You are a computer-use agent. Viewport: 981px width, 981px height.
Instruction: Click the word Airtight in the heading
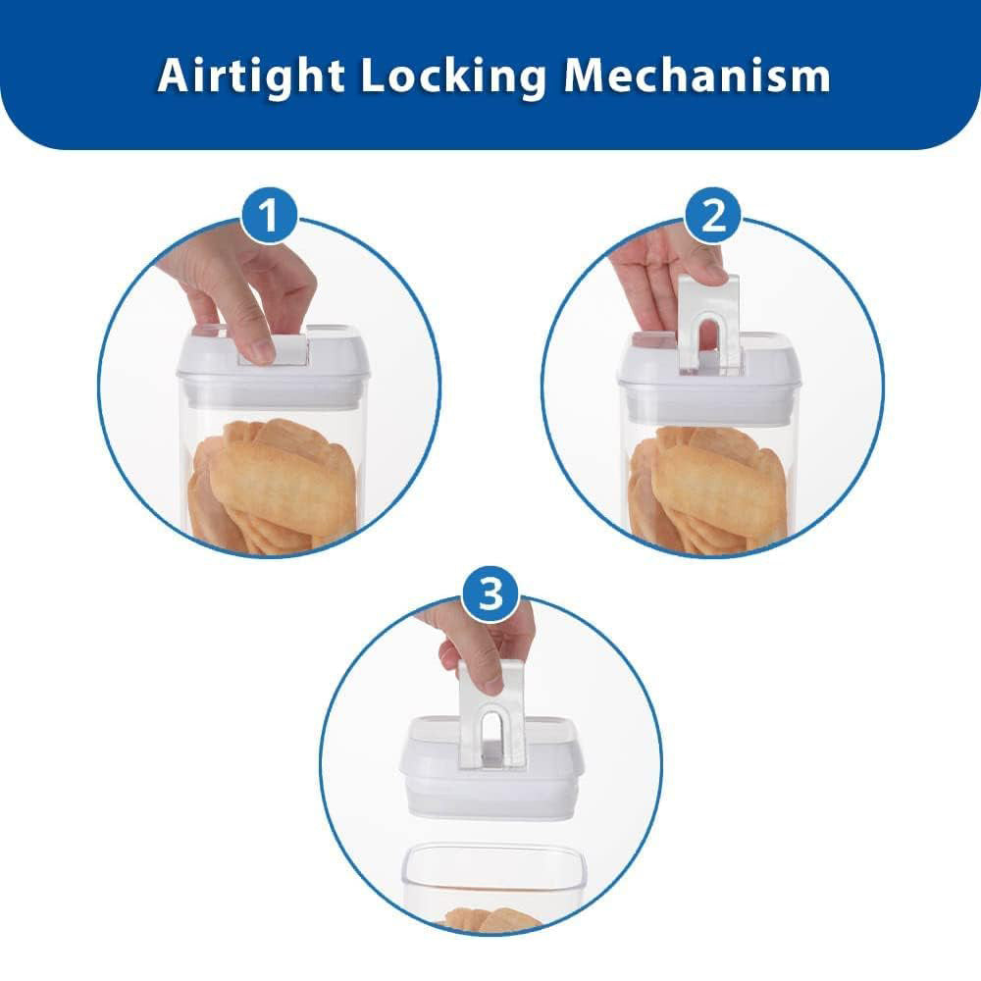250,77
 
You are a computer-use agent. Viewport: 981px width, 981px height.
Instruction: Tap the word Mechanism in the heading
697,76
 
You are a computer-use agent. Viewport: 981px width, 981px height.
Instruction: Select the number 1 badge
269,215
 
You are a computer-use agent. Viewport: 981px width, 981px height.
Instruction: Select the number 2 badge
712,215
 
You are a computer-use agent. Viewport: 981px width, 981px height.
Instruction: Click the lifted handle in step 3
491,713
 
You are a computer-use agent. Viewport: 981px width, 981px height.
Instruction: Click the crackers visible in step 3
491,920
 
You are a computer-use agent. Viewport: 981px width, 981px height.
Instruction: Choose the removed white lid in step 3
491,767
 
